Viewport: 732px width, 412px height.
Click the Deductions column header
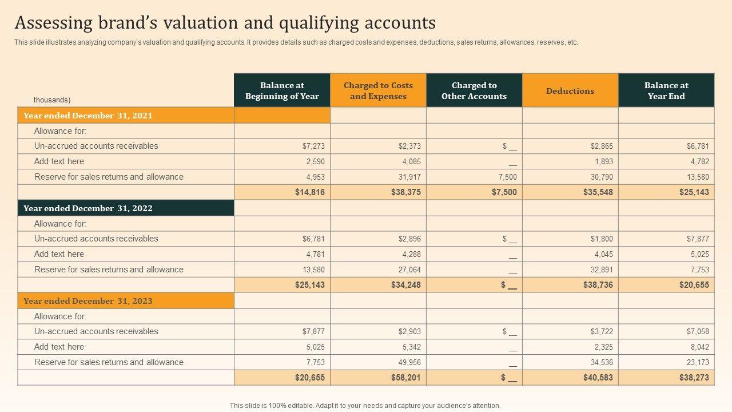pyautogui.click(x=570, y=90)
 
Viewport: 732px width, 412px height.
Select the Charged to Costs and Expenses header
pyautogui.click(x=378, y=90)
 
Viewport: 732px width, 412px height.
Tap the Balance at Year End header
pyautogui.click(x=666, y=90)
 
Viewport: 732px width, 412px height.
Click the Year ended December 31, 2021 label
pyautogui.click(x=88, y=116)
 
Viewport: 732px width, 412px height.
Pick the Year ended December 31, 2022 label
pyautogui.click(x=88, y=208)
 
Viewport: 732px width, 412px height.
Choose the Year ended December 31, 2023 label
pyautogui.click(x=88, y=301)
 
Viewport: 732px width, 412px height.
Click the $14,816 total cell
pyautogui.click(x=310, y=192)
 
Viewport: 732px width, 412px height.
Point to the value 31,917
pyautogui.click(x=409, y=177)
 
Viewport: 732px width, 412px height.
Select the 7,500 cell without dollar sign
pyautogui.click(x=507, y=177)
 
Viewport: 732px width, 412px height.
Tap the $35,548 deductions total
pyautogui.click(x=598, y=192)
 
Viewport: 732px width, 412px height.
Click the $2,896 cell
pyautogui.click(x=409, y=239)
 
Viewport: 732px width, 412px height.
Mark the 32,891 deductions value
pyautogui.click(x=602, y=270)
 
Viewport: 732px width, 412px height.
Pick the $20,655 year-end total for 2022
pyautogui.click(x=694, y=285)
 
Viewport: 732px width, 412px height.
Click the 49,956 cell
pyautogui.click(x=409, y=362)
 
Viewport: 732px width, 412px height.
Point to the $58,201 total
pyautogui.click(x=406, y=378)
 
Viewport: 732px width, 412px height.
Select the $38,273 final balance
pyautogui.click(x=694, y=378)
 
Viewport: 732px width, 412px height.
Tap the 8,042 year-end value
pyautogui.click(x=699, y=347)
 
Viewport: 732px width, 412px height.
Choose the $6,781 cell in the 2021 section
pyautogui.click(x=698, y=146)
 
